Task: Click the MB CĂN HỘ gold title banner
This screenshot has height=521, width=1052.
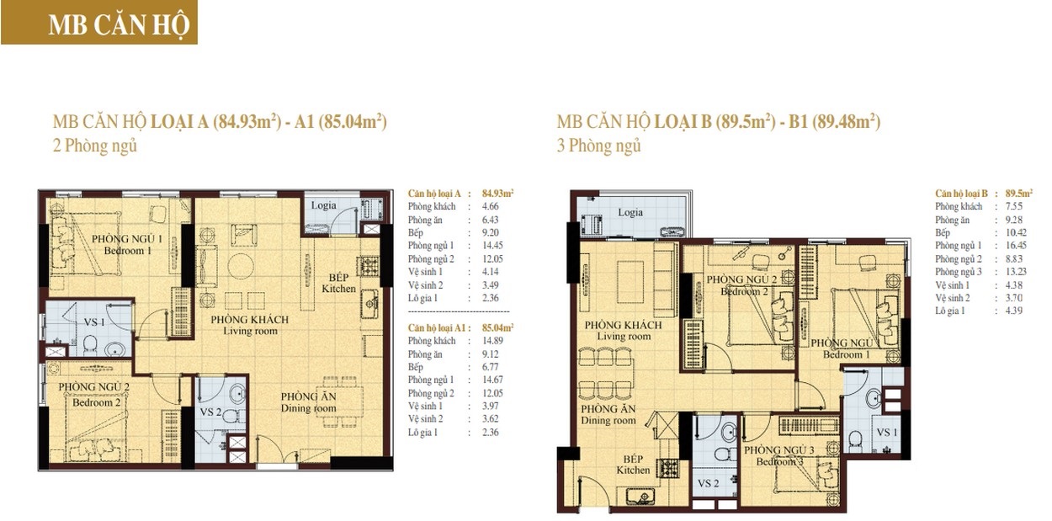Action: point(99,23)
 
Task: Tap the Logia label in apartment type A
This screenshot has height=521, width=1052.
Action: point(323,205)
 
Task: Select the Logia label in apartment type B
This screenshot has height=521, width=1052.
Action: point(630,212)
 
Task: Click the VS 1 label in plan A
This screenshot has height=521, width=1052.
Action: point(94,322)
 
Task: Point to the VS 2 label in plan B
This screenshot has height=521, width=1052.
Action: point(708,483)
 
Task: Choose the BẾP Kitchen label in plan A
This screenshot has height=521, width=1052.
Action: point(338,283)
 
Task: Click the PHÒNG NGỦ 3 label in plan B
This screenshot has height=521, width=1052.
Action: point(779,455)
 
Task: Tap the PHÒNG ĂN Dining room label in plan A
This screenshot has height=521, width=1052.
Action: point(309,402)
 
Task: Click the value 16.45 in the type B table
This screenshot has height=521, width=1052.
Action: point(1016,245)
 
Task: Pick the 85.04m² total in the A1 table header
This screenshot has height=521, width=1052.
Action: point(498,327)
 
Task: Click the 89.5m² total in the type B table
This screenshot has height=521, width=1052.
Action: point(1018,193)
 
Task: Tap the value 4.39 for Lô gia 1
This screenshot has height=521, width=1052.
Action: point(1014,311)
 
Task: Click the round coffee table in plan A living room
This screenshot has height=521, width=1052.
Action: point(241,266)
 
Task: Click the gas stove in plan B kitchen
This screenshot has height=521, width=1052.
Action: point(669,468)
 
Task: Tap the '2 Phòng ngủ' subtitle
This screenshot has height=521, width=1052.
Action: point(95,146)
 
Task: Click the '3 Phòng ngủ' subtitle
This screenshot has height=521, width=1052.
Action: point(598,146)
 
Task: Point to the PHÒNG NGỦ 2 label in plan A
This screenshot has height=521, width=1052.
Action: point(94,395)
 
